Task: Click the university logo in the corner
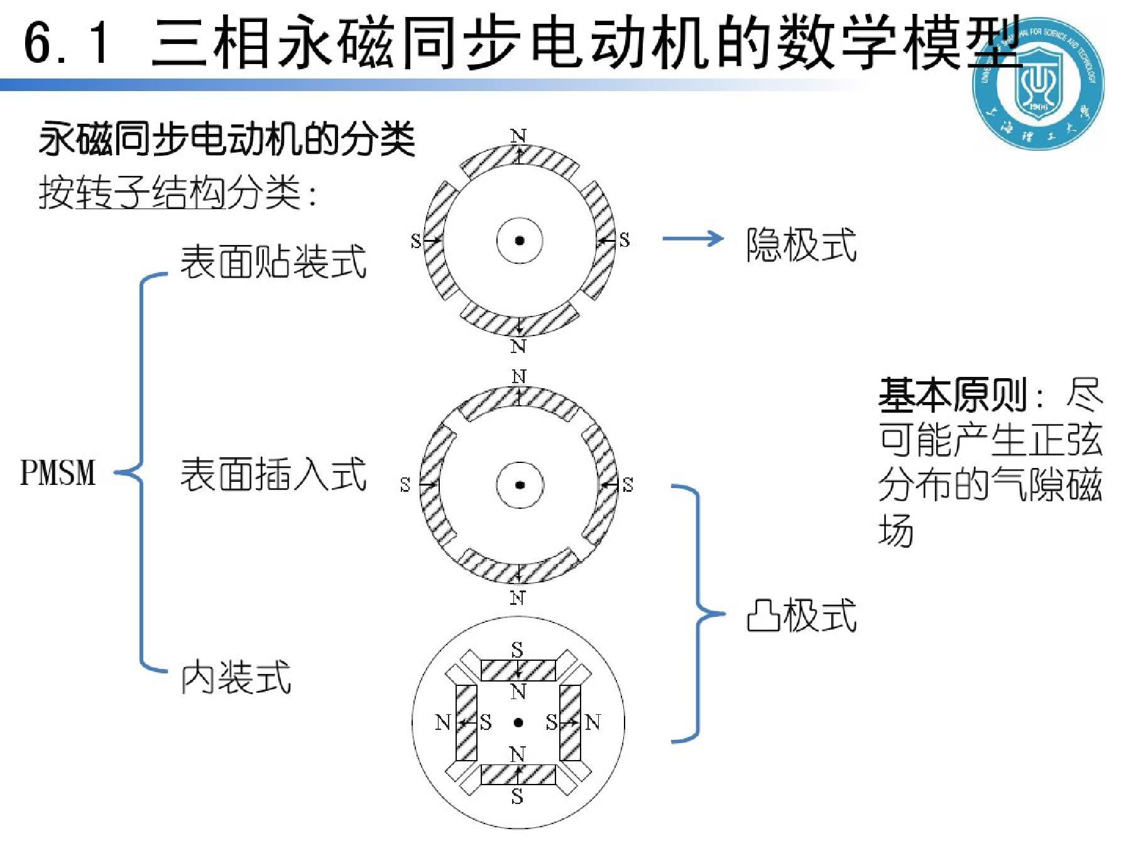(x=1038, y=83)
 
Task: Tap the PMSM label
(x=58, y=472)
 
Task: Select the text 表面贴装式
(x=273, y=261)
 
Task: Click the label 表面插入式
(x=273, y=474)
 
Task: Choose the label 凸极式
(x=801, y=615)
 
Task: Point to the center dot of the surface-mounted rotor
(x=520, y=241)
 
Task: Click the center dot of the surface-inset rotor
(x=520, y=485)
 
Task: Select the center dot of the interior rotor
(x=518, y=723)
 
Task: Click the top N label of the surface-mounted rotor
(x=518, y=136)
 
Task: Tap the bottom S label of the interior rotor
(x=517, y=796)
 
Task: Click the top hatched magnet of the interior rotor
(x=518, y=670)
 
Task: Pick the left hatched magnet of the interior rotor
(x=466, y=722)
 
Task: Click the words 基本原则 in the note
(x=952, y=395)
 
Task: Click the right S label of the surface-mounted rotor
(x=624, y=240)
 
